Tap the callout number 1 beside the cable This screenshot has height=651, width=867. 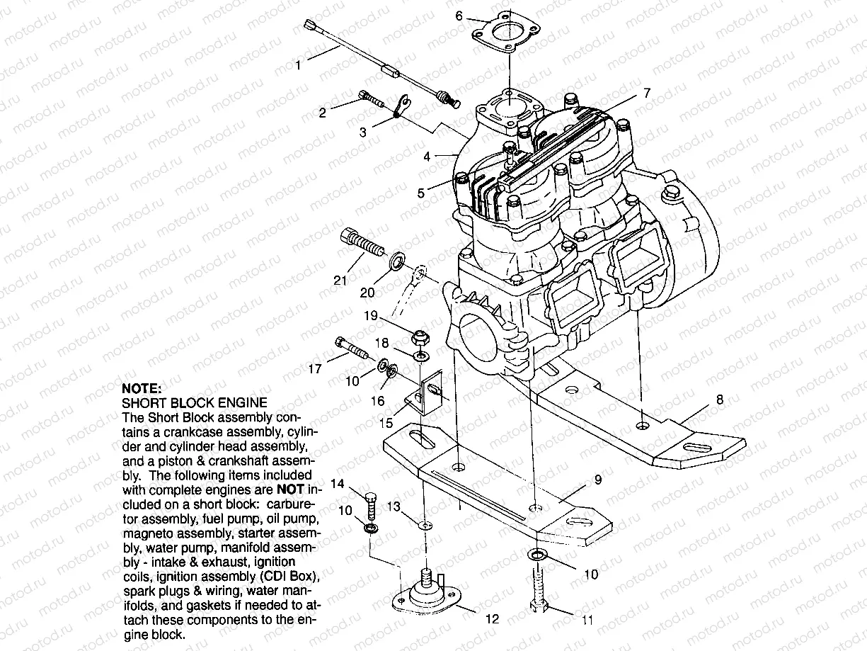(299, 65)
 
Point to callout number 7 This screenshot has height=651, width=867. (646, 93)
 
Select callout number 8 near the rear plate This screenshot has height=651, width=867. (720, 400)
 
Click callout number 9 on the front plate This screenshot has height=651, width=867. (597, 480)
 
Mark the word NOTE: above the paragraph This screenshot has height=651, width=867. (142, 388)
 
